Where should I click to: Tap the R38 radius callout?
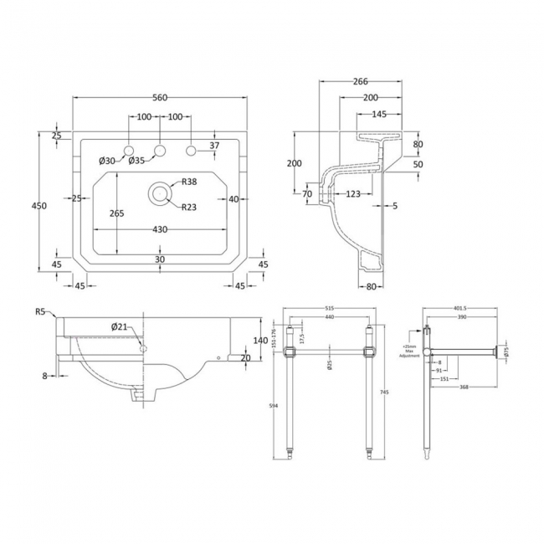point(190,182)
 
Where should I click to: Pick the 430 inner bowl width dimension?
point(160,229)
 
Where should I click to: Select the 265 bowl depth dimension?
point(116,213)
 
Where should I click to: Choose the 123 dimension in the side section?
point(352,194)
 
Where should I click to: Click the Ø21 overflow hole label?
point(120,326)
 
